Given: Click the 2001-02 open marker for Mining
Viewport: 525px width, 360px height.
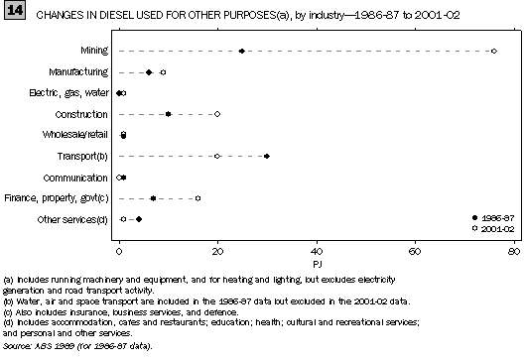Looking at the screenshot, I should click(x=494, y=51).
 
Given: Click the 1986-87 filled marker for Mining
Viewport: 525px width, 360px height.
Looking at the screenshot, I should click(x=242, y=51).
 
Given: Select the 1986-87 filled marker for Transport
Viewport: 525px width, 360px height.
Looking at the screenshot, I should click(x=267, y=156).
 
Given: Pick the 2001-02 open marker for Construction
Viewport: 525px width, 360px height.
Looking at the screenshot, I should click(x=217, y=114).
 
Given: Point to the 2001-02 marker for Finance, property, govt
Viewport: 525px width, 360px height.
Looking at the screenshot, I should click(x=197, y=197).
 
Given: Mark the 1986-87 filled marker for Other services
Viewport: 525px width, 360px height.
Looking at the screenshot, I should click(x=139, y=218).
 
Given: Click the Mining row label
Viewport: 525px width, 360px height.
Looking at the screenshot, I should click(x=95, y=51).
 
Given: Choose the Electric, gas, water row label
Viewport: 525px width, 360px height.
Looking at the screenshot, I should click(x=68, y=93).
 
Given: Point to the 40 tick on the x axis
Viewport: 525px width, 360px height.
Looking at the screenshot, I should click(x=317, y=239).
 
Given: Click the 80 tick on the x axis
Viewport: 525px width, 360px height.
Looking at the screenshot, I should click(x=513, y=239).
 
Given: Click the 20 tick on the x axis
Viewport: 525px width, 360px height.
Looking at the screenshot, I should click(x=217, y=239).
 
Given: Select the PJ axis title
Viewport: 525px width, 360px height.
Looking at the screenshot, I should click(x=316, y=252).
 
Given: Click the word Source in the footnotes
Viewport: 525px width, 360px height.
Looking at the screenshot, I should click(x=19, y=345).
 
